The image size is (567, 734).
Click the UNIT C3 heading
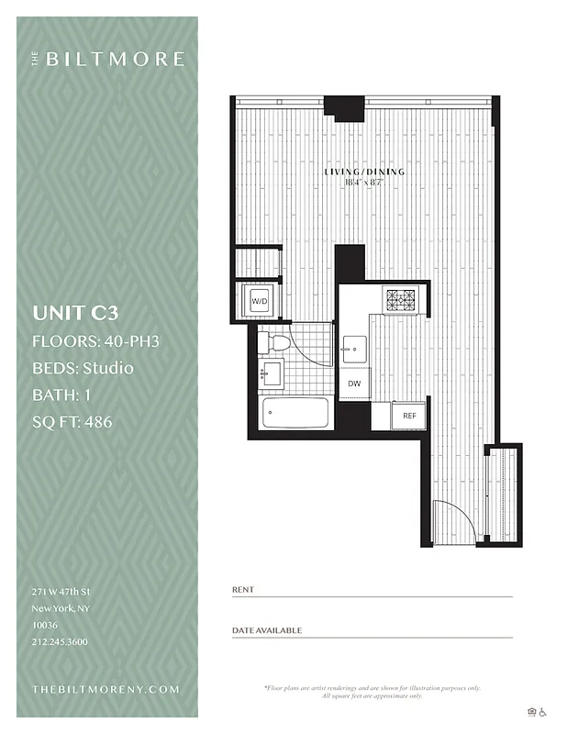pyautogui.click(x=75, y=313)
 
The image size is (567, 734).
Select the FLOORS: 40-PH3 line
pyautogui.click(x=95, y=341)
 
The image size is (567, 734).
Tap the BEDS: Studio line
pyautogui.click(x=83, y=369)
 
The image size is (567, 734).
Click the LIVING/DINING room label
pyautogui.click(x=364, y=172)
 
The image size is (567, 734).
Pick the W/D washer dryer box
pyautogui.click(x=260, y=301)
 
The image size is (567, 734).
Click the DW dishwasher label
pyautogui.click(x=353, y=384)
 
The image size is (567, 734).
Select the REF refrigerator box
pyautogui.click(x=409, y=416)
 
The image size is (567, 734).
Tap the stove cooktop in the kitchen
pyautogui.click(x=400, y=300)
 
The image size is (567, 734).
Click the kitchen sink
pyautogui.click(x=353, y=349)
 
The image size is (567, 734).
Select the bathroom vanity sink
pyautogui.click(x=271, y=374)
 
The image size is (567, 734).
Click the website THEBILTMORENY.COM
pyautogui.click(x=106, y=689)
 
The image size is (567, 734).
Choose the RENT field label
pyautogui.click(x=243, y=589)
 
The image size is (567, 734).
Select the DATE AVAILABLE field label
pyautogui.click(x=267, y=630)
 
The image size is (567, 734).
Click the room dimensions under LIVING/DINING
pyautogui.click(x=364, y=183)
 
